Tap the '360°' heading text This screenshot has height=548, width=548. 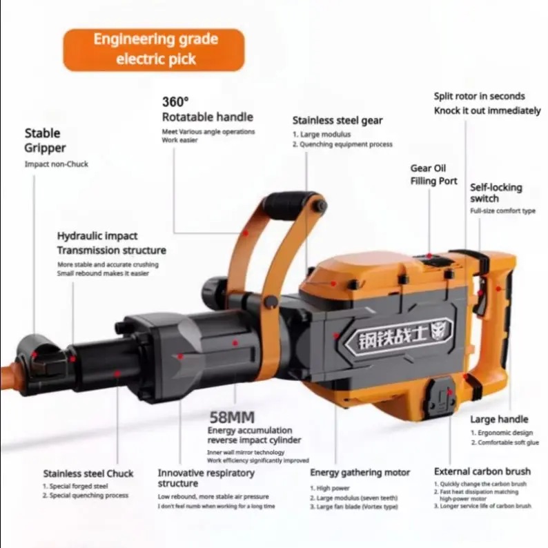click(x=177, y=101)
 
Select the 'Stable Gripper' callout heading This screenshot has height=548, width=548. click(x=43, y=140)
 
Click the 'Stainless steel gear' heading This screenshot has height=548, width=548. click(x=337, y=120)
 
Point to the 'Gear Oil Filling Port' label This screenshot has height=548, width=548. click(x=433, y=175)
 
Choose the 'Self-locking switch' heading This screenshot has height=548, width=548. click(x=496, y=193)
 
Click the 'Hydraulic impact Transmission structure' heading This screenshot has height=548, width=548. click(x=111, y=243)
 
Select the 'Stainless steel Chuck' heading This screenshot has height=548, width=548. click(x=88, y=473)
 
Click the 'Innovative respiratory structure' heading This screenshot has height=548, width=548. click(x=206, y=478)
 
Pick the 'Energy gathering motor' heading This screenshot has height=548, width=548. click(x=360, y=473)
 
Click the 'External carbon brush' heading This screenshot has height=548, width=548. click(x=482, y=471)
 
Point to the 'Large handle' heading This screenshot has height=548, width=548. click(x=499, y=419)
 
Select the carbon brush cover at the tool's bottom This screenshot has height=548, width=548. click(x=440, y=398)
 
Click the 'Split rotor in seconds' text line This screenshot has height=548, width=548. click(x=479, y=96)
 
